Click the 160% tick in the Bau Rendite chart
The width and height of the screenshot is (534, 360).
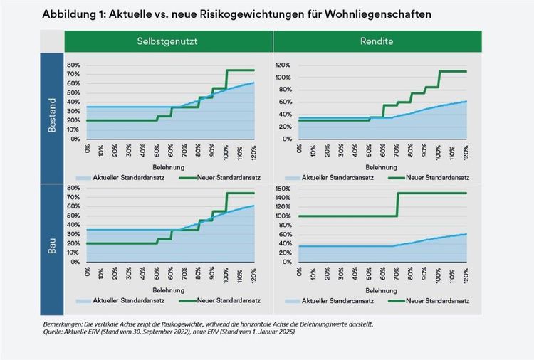[x=283, y=189]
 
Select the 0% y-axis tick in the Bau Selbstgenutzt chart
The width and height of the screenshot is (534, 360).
[x=75, y=262]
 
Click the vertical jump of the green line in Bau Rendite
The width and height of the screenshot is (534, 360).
[x=397, y=204]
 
